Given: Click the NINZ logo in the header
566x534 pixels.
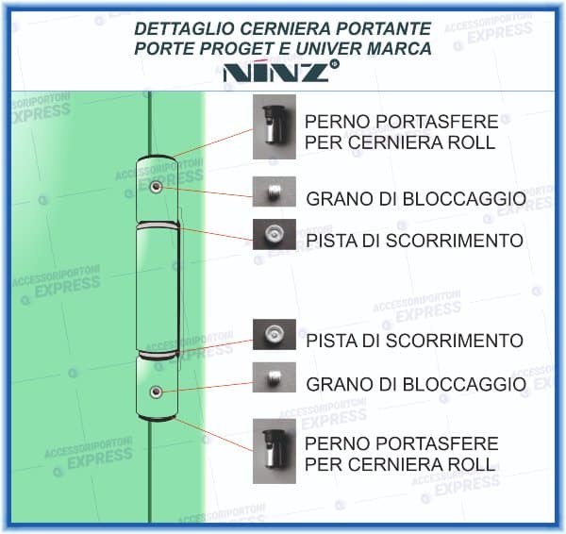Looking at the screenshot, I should (282, 72).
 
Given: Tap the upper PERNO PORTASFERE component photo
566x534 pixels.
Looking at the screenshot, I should (274, 131).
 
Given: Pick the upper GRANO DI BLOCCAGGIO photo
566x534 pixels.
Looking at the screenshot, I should (274, 193).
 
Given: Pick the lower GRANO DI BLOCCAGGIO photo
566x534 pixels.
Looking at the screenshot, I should (274, 378).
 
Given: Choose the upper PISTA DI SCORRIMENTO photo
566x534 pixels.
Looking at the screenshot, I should (274, 234).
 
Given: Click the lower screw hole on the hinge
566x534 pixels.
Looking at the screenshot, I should (155, 391).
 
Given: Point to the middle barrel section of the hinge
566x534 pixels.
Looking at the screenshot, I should (155, 289).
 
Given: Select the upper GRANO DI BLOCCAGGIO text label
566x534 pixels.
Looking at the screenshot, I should (415, 199).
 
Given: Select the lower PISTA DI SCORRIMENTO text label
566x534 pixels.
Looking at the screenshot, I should (414, 340).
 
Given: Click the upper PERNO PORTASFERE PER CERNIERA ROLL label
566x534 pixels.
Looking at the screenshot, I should (401, 132).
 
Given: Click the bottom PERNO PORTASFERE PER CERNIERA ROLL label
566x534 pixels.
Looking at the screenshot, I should (401, 453).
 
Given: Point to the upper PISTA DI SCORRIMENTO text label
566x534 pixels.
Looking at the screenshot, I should (414, 241).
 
